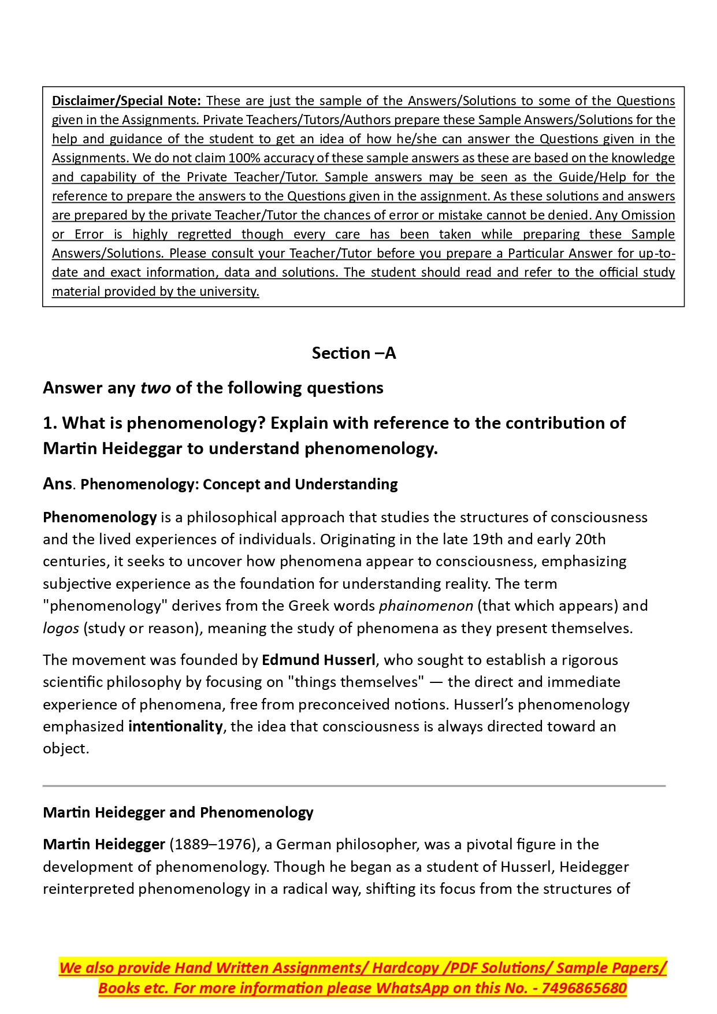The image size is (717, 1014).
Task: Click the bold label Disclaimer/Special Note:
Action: (x=126, y=101)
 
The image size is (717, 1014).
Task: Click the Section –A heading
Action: (x=354, y=353)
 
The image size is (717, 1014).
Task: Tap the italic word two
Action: (x=155, y=388)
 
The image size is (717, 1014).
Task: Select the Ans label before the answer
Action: (x=57, y=484)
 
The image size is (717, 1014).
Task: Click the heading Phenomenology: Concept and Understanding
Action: (x=239, y=484)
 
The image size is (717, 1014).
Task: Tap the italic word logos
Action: (x=61, y=629)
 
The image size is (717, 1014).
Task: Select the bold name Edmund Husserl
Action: (x=318, y=660)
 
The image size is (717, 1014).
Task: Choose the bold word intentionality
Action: (x=175, y=727)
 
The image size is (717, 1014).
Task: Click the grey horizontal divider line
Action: (x=354, y=786)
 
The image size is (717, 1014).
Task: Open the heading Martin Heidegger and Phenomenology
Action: (x=178, y=813)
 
